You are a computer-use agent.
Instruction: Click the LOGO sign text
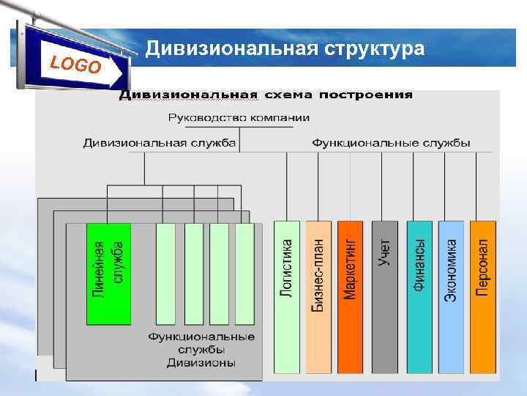point(75,65)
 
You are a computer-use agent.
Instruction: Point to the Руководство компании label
point(239,117)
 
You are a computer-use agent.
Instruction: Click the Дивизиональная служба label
point(159,143)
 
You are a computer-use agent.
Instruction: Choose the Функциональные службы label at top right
point(391,143)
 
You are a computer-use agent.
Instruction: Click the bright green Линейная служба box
point(109,273)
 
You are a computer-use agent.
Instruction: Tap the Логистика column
point(287,297)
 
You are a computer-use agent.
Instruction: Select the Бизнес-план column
point(318,297)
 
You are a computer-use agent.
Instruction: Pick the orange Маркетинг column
point(350,297)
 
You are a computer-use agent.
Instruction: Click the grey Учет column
point(384,297)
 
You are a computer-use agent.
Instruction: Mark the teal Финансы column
point(419,297)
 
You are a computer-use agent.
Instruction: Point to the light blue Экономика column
point(451,297)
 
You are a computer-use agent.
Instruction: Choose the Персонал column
point(482,297)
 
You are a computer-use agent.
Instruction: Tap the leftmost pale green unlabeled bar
point(166,274)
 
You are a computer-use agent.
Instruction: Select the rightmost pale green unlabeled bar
point(244,274)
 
